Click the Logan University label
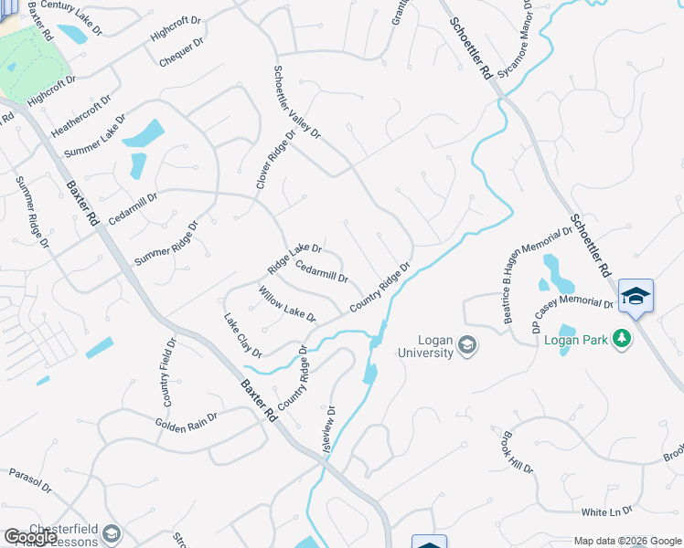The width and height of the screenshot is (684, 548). click(425, 346)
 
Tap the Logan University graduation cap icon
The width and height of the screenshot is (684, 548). click(467, 344)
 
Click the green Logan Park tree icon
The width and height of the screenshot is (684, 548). click(623, 339)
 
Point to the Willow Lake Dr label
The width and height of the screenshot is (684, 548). click(287, 304)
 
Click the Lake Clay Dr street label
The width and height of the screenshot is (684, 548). click(243, 335)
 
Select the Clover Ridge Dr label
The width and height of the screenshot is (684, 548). click(276, 159)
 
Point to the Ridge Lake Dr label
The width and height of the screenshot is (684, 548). click(294, 259)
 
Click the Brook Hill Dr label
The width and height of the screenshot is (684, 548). click(517, 452)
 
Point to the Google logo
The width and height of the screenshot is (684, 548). click(29, 537)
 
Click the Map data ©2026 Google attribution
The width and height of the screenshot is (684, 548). click(627, 541)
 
